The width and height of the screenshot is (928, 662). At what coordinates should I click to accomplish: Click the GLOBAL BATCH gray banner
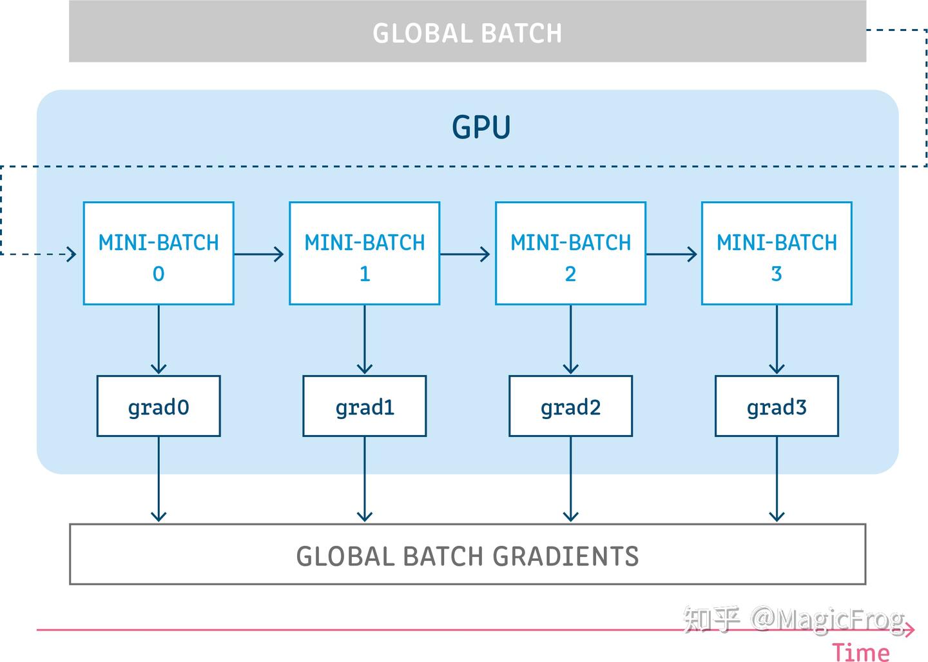467,32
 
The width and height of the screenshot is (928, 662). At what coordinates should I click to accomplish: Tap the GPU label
481,127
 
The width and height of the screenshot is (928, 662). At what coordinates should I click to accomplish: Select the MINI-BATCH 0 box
159,253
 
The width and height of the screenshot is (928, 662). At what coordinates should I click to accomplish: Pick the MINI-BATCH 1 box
365,253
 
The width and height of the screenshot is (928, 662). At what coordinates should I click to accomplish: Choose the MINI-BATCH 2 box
570,253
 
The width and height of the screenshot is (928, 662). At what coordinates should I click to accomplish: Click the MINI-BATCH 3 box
777,253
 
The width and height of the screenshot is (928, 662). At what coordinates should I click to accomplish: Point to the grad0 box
159,406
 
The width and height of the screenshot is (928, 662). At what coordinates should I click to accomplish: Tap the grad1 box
365,406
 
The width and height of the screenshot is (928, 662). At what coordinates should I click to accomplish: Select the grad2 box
570,406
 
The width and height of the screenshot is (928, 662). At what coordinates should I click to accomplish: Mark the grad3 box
777,406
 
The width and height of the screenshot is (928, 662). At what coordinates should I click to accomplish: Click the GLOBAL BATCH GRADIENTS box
467,554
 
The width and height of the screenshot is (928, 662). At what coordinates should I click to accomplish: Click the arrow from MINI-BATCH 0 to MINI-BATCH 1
259,254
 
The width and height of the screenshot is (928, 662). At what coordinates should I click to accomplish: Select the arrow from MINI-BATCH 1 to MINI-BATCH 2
465,254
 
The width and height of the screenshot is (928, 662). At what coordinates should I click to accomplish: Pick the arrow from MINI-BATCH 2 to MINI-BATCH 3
672,254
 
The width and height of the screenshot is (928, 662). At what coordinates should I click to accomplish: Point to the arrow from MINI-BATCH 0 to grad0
159,340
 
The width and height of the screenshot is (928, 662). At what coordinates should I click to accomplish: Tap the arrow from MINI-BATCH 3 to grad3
777,340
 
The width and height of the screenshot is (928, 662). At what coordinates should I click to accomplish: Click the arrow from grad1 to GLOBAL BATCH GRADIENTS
365,480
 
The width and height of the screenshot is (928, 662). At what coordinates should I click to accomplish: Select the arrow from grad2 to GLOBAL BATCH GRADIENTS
570,480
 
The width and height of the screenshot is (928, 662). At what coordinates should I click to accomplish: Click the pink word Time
860,651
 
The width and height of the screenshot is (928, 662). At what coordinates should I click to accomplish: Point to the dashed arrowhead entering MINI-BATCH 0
71,254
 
